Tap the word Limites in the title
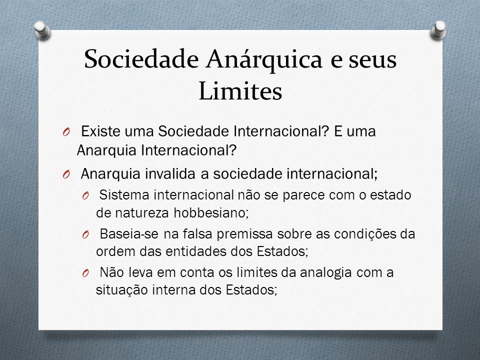pos(240,91)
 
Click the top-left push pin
pos(42,30)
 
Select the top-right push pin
pos(438,30)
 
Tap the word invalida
pos(170,174)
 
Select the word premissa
pos(244,234)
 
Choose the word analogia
pos(325,273)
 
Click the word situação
pos(122,290)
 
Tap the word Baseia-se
pos(129,234)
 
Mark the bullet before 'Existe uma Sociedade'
pos(66,132)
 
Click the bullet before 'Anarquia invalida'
pos(66,175)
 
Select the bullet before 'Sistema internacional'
pos(85,195)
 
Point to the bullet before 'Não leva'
pos(85,273)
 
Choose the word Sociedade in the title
pos(141,59)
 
